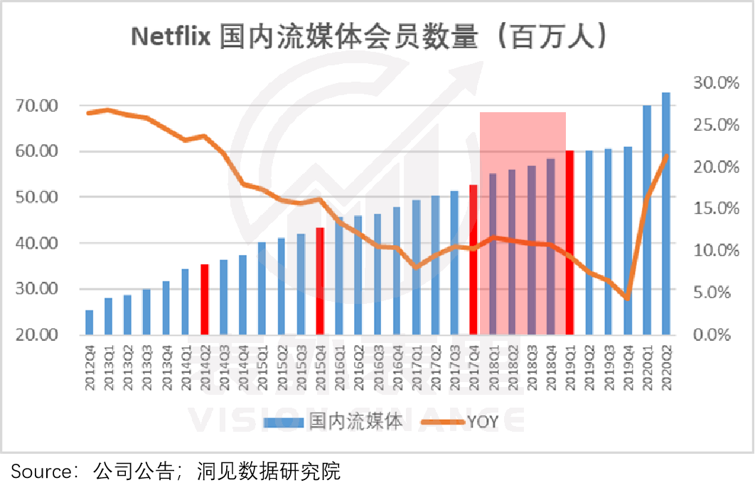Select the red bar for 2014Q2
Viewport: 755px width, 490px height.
204,299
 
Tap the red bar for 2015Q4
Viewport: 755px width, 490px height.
320,281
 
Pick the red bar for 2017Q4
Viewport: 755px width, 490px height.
473,259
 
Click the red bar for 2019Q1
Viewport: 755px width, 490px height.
569,242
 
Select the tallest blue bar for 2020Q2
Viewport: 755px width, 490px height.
666,213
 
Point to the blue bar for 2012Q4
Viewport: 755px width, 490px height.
89,322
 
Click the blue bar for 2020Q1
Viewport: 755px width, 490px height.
647,219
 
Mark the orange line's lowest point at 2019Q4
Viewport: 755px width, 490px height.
627,298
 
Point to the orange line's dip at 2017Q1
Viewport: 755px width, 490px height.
417,267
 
